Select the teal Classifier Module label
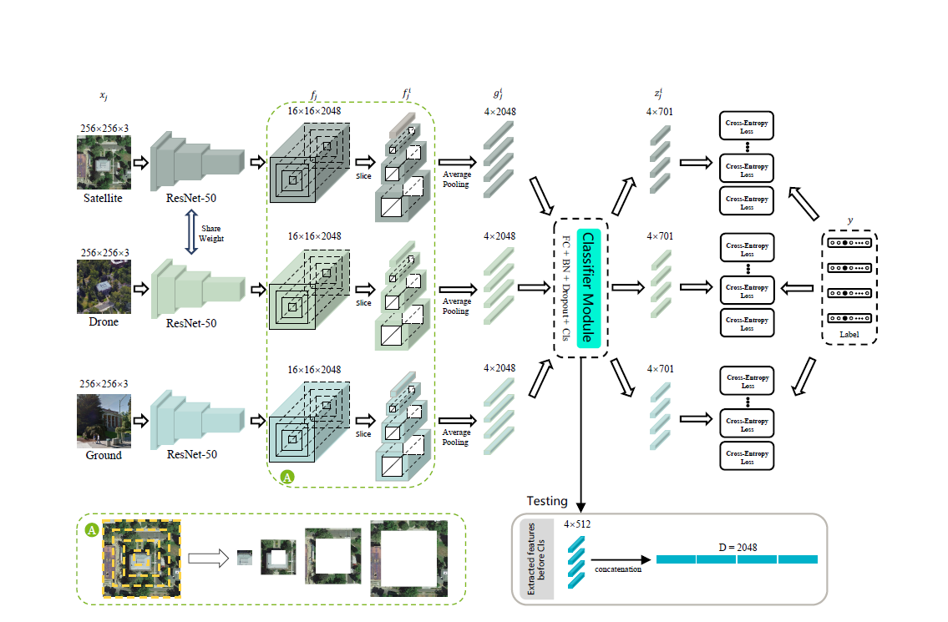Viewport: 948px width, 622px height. coord(588,288)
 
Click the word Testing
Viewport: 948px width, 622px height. coord(547,501)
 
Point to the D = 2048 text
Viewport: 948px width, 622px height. coord(738,547)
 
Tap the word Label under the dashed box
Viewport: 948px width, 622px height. coord(848,334)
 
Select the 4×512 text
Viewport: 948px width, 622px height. coord(577,525)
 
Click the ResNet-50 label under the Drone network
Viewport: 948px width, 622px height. coord(191,323)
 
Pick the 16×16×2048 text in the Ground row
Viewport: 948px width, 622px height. coord(314,368)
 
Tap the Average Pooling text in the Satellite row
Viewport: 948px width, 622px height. coord(456,180)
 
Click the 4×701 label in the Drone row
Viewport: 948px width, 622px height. coord(660,236)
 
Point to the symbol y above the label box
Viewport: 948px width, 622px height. coord(849,220)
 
